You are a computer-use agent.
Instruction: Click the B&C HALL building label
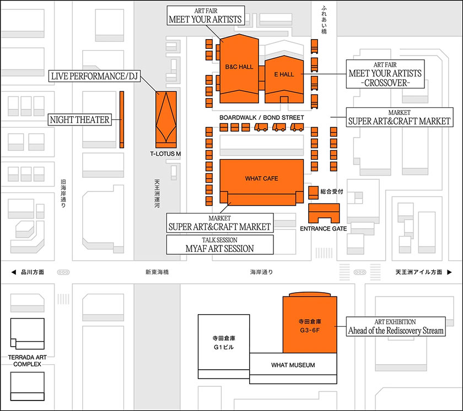point(239,67)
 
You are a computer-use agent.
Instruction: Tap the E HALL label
point(284,74)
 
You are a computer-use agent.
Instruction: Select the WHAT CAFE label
point(262,179)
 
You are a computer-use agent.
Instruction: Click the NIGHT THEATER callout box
point(79,119)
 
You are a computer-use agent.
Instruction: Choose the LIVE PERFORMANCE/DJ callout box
point(94,76)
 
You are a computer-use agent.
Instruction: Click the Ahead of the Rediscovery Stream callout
point(395,327)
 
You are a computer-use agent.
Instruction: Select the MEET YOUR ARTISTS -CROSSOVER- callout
point(385,74)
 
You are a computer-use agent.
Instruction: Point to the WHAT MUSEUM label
point(293,365)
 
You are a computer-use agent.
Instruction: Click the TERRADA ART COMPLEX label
point(28,361)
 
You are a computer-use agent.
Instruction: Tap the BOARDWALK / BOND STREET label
point(261,118)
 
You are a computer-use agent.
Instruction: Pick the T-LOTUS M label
point(165,154)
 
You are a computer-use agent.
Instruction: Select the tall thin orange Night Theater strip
point(122,119)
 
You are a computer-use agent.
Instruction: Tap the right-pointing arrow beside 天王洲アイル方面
point(450,272)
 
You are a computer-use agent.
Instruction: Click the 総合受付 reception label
point(332,191)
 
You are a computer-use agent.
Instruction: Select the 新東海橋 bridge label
point(157,272)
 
